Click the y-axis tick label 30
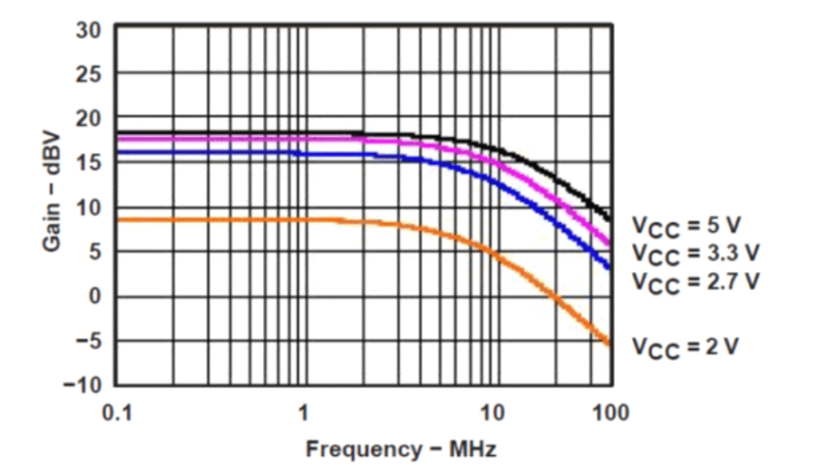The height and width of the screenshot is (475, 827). (x=89, y=29)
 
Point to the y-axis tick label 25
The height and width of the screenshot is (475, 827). (x=89, y=73)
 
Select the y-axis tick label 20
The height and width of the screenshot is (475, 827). (x=89, y=119)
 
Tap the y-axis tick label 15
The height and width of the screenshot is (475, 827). (x=89, y=163)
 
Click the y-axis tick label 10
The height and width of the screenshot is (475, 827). (x=89, y=208)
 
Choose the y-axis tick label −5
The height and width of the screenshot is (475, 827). (x=87, y=341)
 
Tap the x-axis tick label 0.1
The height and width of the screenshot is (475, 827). (x=118, y=412)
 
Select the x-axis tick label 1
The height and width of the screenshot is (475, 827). (x=305, y=412)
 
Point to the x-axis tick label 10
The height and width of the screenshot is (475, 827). (x=491, y=412)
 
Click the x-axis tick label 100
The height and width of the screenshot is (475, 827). (x=611, y=412)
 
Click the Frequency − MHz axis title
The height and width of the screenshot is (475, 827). (x=400, y=449)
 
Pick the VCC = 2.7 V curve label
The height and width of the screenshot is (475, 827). (x=695, y=279)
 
